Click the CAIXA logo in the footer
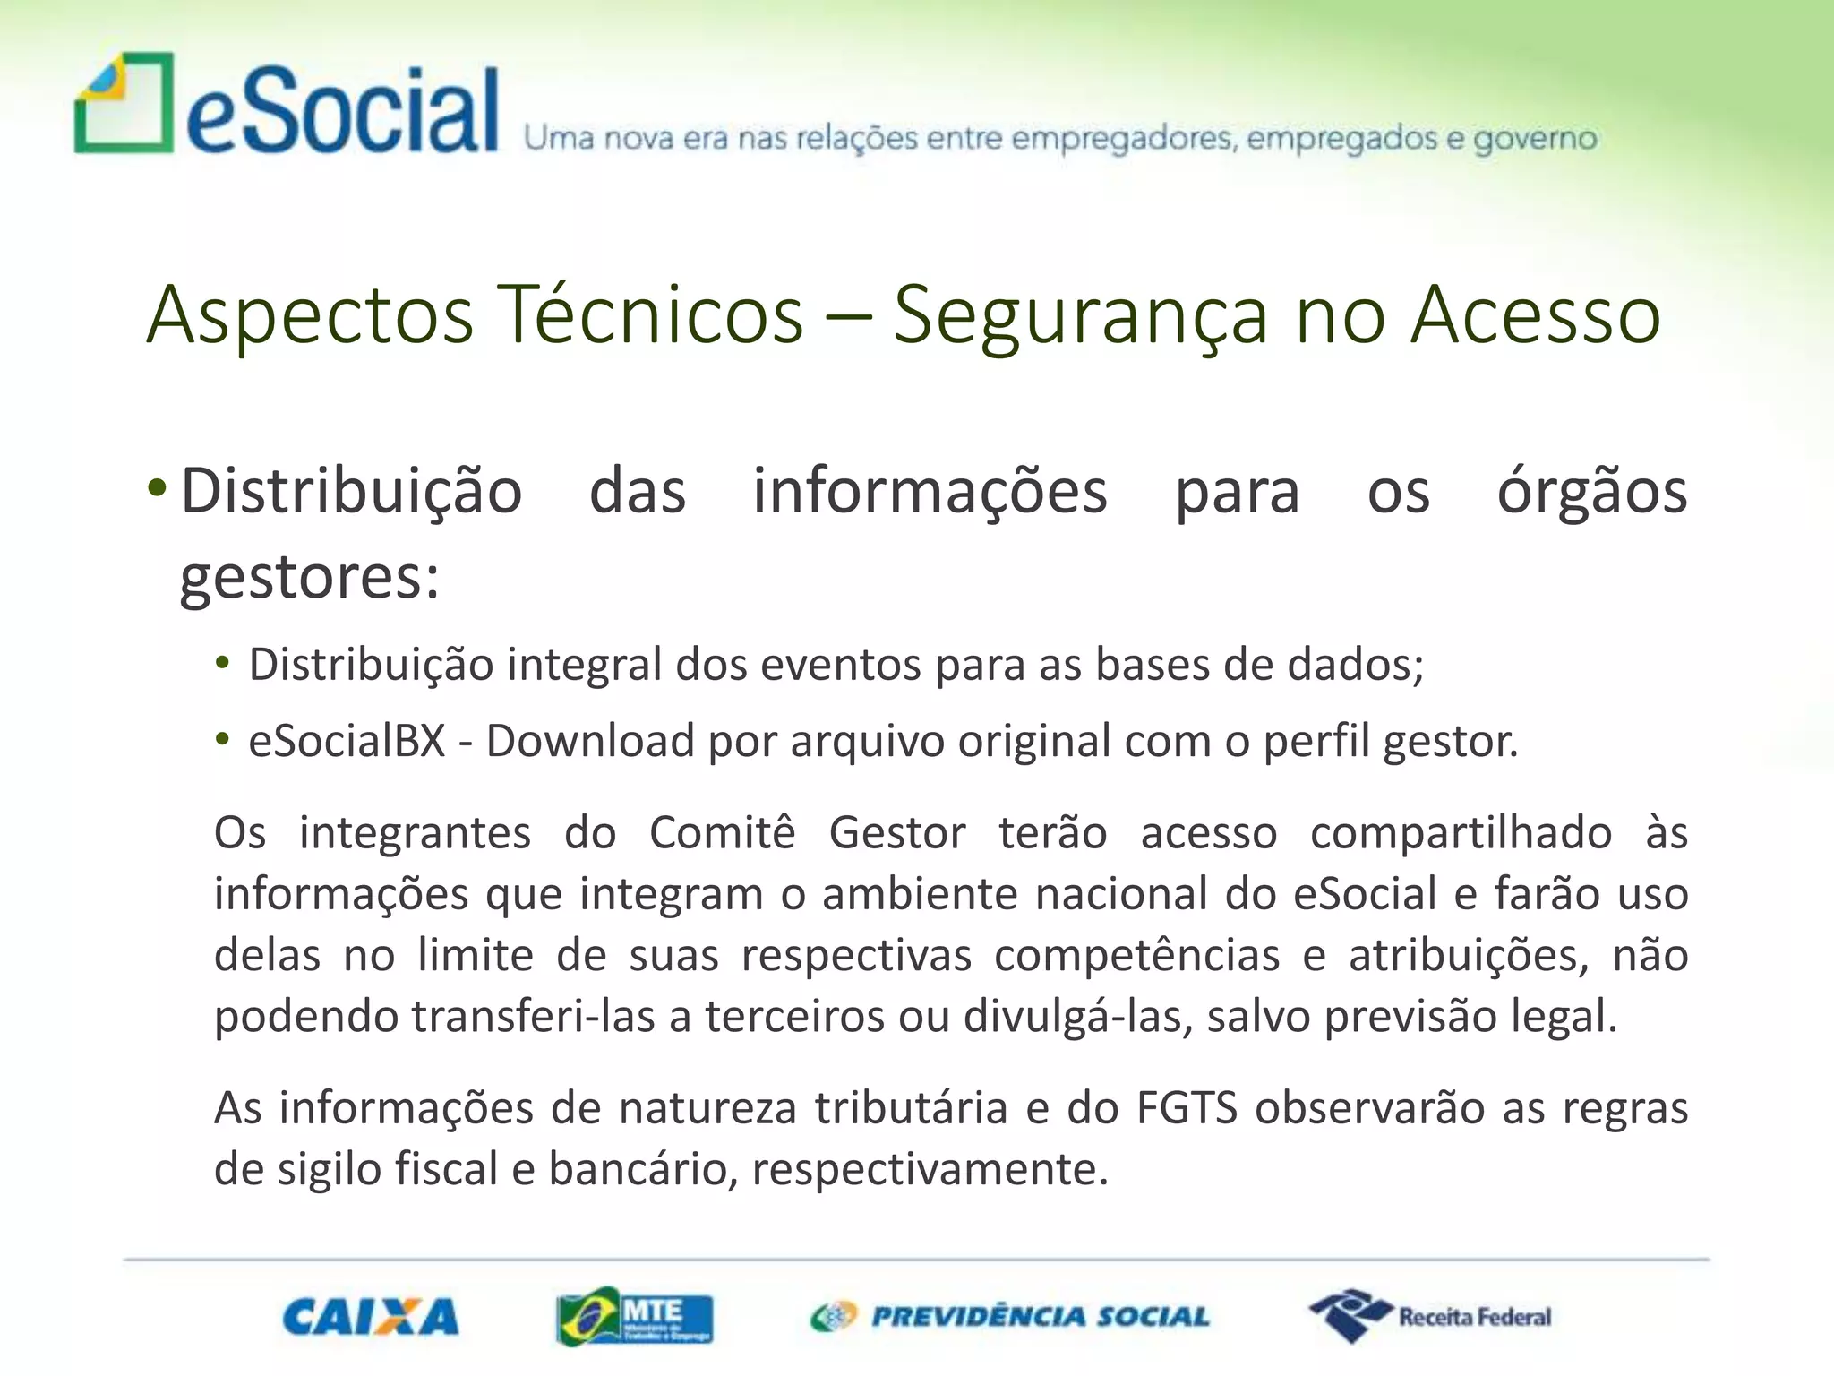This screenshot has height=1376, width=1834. coord(370,1316)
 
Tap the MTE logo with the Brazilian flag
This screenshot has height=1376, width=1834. coord(634,1316)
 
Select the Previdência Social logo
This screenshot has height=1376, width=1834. coord(1010,1316)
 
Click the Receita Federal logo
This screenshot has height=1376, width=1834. coord(1431,1315)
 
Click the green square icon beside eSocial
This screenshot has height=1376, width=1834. coord(124,103)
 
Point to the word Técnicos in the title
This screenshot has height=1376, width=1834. coord(650,314)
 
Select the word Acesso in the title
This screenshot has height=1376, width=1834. coord(1536,314)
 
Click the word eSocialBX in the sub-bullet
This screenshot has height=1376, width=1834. coord(347,741)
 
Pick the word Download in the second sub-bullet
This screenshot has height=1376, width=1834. coord(590,741)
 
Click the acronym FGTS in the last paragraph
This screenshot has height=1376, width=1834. coord(1187,1107)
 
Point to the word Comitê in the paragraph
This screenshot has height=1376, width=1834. coord(722,832)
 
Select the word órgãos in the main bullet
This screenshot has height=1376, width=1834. coord(1592,491)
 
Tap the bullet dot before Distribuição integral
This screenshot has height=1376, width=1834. coord(222,665)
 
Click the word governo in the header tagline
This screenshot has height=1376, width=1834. coord(1535,139)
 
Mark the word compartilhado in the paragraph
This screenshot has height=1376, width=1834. coord(1461,832)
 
